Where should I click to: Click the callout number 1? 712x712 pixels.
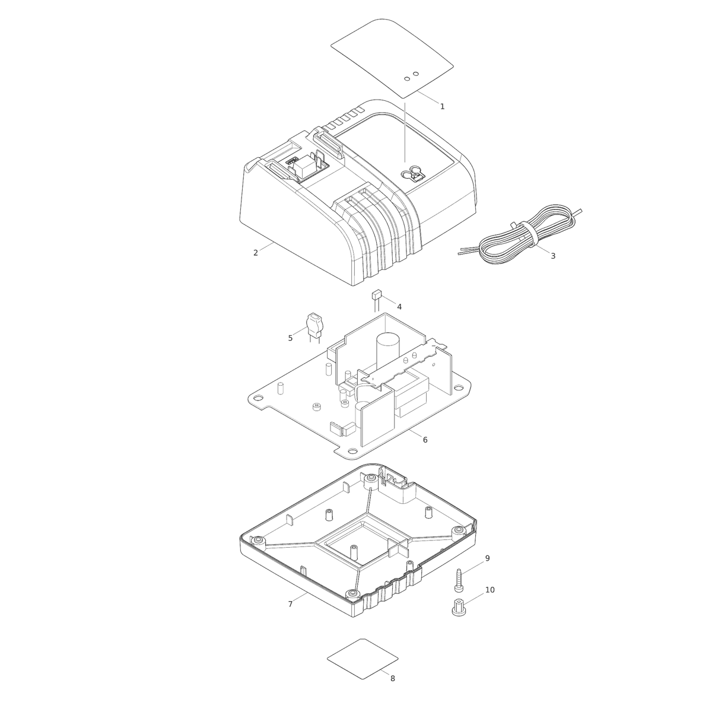pyautogui.click(x=442, y=106)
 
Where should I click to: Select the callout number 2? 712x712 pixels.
pyautogui.click(x=255, y=253)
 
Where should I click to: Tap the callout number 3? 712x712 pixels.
pyautogui.click(x=553, y=256)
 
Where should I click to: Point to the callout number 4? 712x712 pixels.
pyautogui.click(x=399, y=307)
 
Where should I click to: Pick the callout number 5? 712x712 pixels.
pyautogui.click(x=290, y=338)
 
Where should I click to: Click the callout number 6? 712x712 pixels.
pyautogui.click(x=425, y=440)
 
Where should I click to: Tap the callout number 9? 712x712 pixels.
pyautogui.click(x=487, y=558)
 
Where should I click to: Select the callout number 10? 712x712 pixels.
pyautogui.click(x=490, y=590)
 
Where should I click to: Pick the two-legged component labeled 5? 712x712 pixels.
pyautogui.click(x=314, y=328)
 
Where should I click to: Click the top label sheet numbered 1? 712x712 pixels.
pyautogui.click(x=392, y=58)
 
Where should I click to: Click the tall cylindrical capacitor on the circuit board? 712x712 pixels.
pyautogui.click(x=388, y=351)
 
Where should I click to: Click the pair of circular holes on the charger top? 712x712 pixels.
pyautogui.click(x=411, y=76)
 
